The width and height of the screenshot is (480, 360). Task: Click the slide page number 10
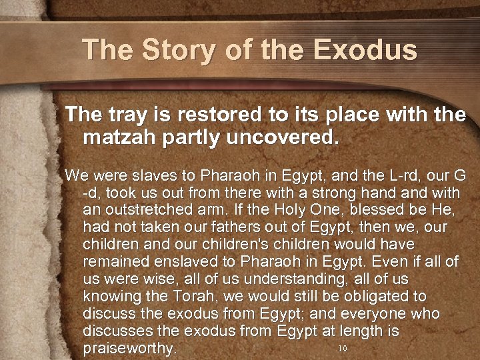point(343,349)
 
